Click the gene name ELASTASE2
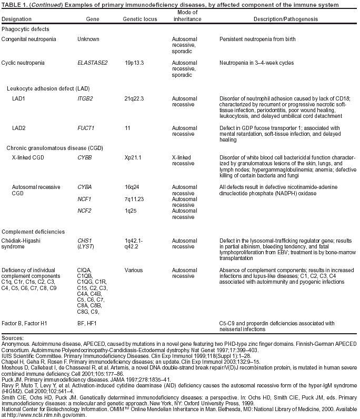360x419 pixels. pyautogui.click(x=92, y=63)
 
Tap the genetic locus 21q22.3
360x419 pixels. pyautogui.click(x=135, y=98)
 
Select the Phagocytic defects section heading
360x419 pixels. pyautogui.click(x=25, y=28)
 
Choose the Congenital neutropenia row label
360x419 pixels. pyautogui.click(x=31, y=39)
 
